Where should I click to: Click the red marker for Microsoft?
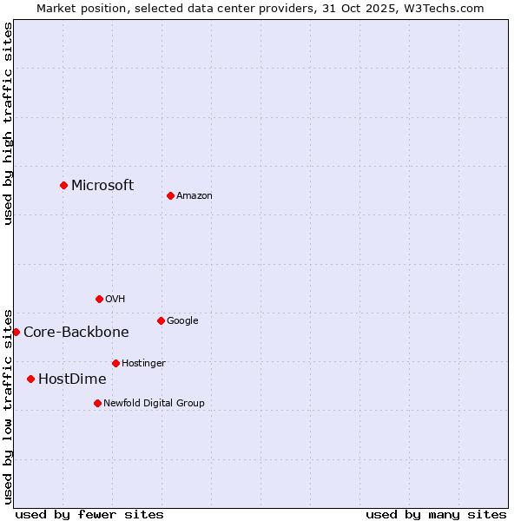(63, 185)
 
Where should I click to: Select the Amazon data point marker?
(170, 195)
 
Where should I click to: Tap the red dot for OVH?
(99, 299)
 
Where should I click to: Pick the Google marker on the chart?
(161, 320)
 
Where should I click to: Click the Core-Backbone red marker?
(16, 332)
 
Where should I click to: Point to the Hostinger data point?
(115, 363)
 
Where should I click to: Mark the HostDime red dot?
(30, 379)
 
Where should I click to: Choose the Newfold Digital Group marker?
(97, 403)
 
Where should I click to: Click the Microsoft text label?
(102, 185)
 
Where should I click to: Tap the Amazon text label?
(195, 196)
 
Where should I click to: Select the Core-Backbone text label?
(76, 332)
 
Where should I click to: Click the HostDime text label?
(72, 379)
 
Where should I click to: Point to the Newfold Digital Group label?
(154, 403)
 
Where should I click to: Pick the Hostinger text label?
(143, 363)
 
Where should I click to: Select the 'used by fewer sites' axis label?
(89, 514)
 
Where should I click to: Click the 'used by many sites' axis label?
(436, 514)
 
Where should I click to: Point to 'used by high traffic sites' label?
(8, 123)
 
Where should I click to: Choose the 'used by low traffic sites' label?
(8, 406)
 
